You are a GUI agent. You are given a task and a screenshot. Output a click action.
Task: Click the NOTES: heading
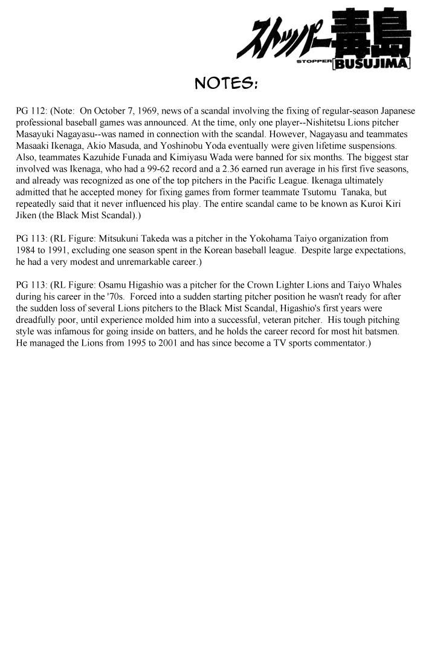[227, 83]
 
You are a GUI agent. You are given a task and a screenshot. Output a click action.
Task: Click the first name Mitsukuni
[117, 239]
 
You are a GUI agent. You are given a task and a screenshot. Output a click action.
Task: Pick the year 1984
[26, 250]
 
